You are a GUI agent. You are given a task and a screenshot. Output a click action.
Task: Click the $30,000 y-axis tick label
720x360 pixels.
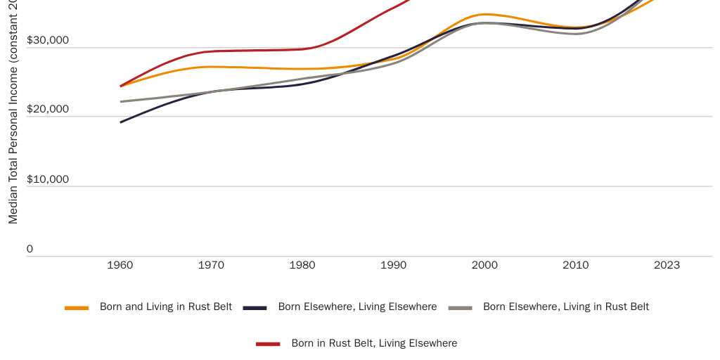point(48,40)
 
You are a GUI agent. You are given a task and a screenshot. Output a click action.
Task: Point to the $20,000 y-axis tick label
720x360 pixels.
point(48,109)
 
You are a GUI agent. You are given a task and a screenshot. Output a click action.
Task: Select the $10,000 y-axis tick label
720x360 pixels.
point(48,179)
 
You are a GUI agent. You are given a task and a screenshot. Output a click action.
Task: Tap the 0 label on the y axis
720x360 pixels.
point(30,248)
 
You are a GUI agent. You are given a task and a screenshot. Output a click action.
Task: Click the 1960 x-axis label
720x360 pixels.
point(120,265)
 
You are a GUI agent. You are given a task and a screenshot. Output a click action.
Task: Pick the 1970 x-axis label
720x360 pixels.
point(211,265)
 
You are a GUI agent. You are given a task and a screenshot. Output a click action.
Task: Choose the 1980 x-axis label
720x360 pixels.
point(302,265)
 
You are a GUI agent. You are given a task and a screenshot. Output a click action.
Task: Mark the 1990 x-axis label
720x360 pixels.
point(394,265)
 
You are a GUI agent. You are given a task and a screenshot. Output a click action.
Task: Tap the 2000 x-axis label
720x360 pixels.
point(484,265)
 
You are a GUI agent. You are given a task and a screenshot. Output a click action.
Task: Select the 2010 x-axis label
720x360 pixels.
point(576,265)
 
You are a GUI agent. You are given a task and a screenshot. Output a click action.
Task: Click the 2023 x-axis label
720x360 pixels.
point(667,265)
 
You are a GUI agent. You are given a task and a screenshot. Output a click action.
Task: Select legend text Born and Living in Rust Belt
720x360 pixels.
point(166,307)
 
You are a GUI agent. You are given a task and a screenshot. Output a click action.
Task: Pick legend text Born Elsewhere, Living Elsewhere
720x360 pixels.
point(357,307)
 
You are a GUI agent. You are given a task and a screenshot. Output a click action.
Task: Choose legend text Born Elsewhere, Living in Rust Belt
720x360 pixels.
point(566,307)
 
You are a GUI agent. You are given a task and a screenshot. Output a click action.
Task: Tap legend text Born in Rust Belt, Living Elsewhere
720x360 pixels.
point(374,343)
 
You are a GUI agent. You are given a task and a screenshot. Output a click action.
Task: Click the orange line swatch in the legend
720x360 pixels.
point(77,308)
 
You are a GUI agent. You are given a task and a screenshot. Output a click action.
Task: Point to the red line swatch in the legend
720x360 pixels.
point(268,344)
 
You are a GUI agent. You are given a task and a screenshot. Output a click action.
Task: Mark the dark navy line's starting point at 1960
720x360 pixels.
point(121,122)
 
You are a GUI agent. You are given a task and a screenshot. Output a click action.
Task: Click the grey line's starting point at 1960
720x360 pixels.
point(121,101)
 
